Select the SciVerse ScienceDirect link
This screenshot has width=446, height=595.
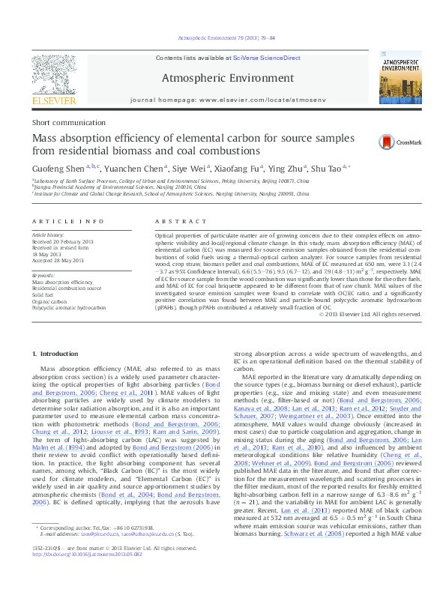tap(266, 58)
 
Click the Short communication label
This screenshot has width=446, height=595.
tap(61, 122)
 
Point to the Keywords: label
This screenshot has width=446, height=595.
tap(43, 276)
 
